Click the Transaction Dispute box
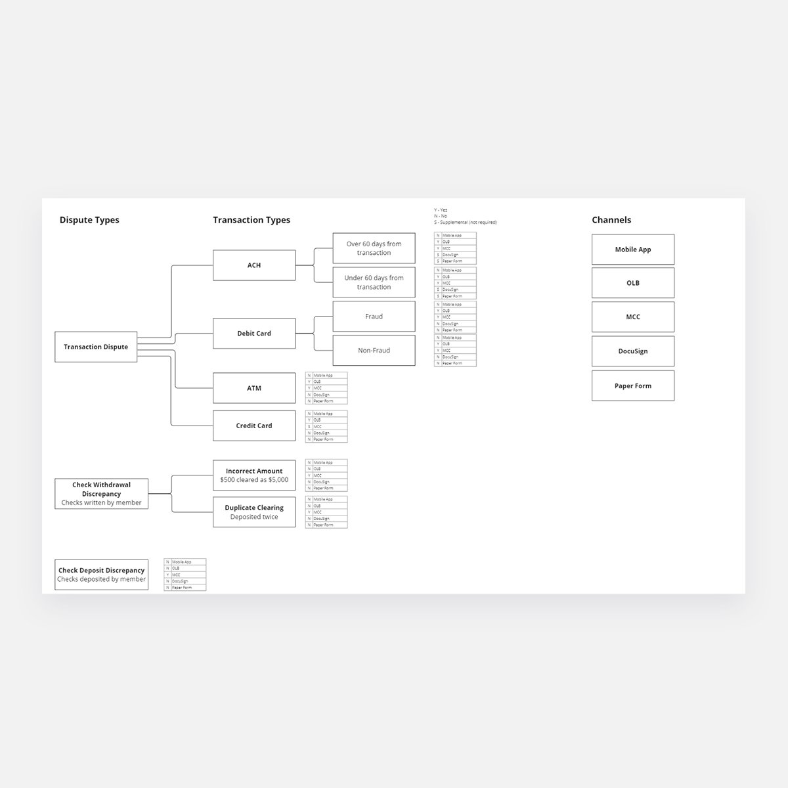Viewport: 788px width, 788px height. click(x=96, y=347)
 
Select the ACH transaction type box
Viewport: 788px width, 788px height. click(x=254, y=265)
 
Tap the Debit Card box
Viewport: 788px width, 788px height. click(x=254, y=334)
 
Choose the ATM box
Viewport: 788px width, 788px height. click(x=254, y=388)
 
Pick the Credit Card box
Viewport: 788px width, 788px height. click(x=254, y=426)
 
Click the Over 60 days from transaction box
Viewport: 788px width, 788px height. click(x=374, y=248)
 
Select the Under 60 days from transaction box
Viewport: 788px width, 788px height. click(x=374, y=282)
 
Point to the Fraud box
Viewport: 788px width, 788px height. click(x=374, y=317)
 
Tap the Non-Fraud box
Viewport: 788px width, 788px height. click(x=374, y=351)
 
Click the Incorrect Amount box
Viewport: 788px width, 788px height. click(x=254, y=475)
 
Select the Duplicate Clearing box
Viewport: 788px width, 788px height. click(x=254, y=512)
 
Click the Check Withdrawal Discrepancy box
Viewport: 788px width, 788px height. click(x=101, y=494)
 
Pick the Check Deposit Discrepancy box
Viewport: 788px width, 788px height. click(x=101, y=575)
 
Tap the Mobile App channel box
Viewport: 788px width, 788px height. click(x=633, y=250)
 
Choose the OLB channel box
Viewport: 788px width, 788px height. click(x=633, y=283)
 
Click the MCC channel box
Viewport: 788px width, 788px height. click(x=633, y=317)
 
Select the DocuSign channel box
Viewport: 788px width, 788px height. click(x=633, y=351)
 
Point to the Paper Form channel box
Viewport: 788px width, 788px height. click(x=633, y=386)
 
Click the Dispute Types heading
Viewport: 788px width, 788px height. click(x=89, y=220)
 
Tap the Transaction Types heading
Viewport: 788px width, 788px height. click(x=252, y=220)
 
